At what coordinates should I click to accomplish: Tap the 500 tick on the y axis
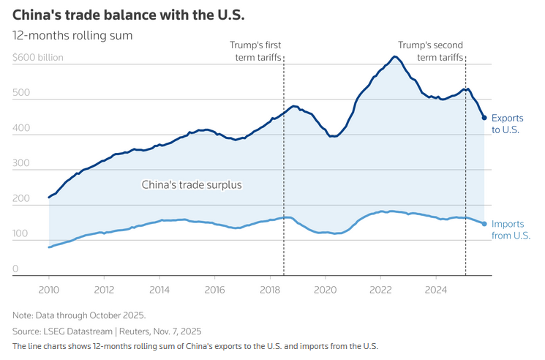(x=20, y=94)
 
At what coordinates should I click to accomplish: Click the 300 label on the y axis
(x=20, y=164)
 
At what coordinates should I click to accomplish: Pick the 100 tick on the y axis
(x=20, y=234)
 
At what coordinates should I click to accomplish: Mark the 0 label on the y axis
(x=15, y=269)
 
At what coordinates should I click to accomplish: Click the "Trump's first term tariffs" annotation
(x=255, y=50)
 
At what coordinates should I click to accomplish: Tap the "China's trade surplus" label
(x=191, y=185)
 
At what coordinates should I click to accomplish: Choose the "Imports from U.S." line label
(x=511, y=229)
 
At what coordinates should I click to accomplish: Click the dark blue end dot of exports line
(x=484, y=118)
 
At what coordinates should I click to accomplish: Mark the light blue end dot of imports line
(x=484, y=224)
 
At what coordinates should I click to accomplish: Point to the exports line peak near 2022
(x=394, y=57)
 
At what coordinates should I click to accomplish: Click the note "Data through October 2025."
(x=79, y=315)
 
